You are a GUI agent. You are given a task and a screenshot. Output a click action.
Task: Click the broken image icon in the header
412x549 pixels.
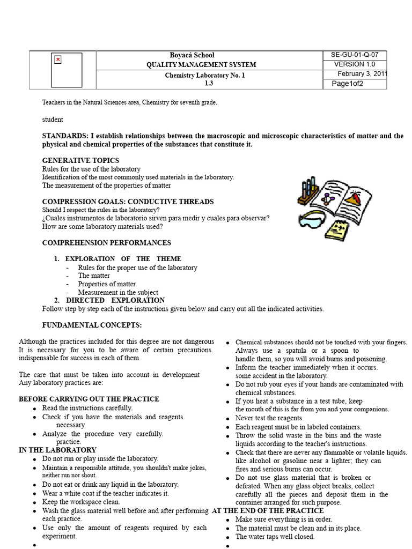coord(57,60)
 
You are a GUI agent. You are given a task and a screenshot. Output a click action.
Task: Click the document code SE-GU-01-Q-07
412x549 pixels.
coord(354,55)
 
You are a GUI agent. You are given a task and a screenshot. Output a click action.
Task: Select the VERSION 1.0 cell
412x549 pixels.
coord(355,64)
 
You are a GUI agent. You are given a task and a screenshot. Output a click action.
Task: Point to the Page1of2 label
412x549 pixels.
coord(348,84)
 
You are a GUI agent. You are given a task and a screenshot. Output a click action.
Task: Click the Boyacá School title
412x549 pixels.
coord(192,55)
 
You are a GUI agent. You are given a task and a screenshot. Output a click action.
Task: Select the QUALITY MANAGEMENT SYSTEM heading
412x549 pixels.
coord(201,65)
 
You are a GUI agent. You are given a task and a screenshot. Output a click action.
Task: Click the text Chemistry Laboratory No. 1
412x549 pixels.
coord(204,76)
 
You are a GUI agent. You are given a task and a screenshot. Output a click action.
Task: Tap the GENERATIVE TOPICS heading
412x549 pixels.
coord(80,160)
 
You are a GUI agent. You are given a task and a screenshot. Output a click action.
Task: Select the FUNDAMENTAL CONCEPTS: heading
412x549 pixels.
coord(92,325)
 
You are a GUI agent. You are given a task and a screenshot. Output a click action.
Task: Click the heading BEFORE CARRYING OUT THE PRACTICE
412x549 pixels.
coord(89,399)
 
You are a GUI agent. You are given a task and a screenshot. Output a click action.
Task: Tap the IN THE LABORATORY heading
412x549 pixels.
coord(57,450)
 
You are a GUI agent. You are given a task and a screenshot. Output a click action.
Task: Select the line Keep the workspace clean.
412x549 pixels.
coord(80,502)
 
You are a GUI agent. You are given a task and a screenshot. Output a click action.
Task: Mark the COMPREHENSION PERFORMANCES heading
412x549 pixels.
coord(107,243)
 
